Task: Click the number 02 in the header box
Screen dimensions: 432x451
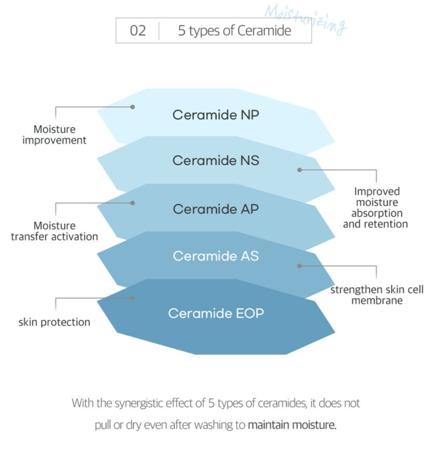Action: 138,31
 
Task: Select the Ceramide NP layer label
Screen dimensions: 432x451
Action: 216,115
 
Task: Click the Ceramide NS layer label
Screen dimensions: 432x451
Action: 216,160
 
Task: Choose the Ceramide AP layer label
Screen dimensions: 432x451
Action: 216,209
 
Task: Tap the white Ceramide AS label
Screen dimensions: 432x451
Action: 216,256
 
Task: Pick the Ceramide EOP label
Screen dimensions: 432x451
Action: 216,313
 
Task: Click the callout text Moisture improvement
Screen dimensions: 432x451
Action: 54,135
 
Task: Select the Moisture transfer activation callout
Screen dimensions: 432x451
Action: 54,231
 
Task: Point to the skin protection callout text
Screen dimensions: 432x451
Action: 54,322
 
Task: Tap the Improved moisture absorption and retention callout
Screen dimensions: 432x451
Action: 375,208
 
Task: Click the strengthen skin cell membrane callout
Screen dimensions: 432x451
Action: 377,295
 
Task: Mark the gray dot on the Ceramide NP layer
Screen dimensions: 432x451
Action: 133,107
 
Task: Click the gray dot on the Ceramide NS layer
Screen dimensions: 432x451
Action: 300,170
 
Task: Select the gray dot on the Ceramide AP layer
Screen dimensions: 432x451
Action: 133,203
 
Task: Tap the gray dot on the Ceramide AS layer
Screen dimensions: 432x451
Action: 300,266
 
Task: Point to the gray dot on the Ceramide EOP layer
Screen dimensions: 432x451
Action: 133,298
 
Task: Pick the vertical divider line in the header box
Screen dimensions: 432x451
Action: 159,31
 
